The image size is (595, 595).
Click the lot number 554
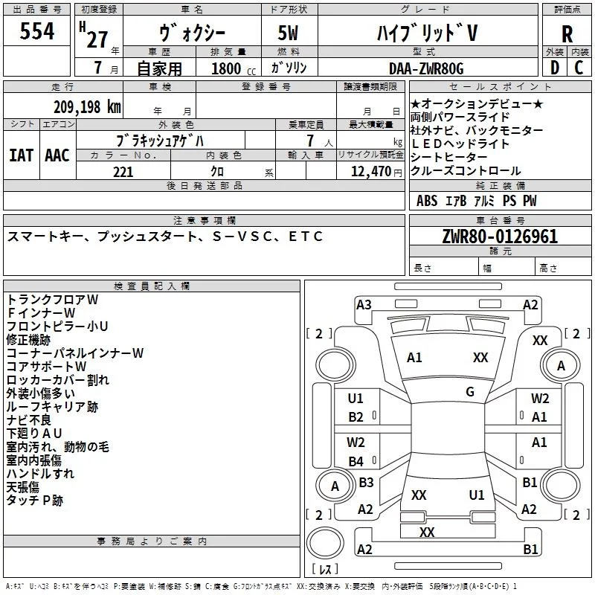36,30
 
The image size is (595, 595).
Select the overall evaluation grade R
567,34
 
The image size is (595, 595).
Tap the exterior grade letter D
555,68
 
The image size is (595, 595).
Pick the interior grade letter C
579,68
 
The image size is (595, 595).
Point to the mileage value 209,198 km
87,107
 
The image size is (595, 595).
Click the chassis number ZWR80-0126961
500,237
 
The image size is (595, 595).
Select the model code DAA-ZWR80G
426,68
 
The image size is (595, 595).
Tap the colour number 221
123,172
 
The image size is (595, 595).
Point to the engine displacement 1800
226,68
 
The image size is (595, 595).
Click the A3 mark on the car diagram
364,305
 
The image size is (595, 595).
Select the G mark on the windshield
470,391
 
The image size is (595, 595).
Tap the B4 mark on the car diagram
356,461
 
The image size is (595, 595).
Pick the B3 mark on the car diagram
366,482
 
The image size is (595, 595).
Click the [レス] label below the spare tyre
325,569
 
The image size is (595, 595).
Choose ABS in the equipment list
427,201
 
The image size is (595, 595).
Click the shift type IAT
22,155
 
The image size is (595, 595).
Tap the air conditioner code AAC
57,155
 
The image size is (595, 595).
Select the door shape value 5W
288,33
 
